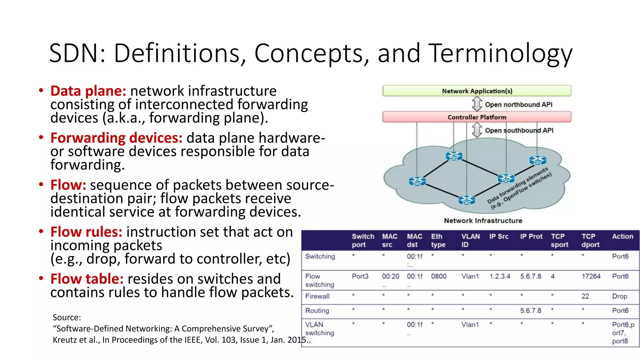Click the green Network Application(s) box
(477, 91)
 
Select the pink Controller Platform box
(477, 117)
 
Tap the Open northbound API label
(518, 105)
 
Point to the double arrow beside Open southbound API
(477, 130)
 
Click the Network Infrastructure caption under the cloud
(483, 221)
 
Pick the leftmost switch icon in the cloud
(417, 181)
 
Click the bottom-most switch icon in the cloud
(467, 200)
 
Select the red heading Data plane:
(88, 91)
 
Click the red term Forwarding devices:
(116, 138)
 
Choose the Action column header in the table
(622, 237)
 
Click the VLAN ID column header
(470, 240)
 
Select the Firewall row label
(317, 296)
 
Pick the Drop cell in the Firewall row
(619, 296)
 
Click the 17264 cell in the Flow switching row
(591, 276)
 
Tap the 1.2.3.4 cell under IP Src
(500, 276)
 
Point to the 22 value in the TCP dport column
(585, 296)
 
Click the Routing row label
(317, 311)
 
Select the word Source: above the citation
(67, 317)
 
